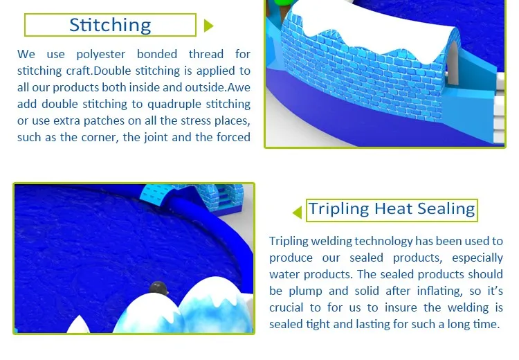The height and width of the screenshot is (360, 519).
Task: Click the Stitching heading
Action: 110,25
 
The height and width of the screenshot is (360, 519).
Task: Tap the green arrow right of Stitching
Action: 208,26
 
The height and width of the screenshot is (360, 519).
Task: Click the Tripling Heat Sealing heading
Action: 392,209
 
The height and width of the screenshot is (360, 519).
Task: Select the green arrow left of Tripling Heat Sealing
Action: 298,213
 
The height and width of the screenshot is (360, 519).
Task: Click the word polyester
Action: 101,54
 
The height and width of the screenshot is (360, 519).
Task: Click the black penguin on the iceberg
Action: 158,288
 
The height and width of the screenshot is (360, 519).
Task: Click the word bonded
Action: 157,54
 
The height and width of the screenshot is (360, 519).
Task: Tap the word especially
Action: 477,258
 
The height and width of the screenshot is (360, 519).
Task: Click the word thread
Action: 206,54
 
